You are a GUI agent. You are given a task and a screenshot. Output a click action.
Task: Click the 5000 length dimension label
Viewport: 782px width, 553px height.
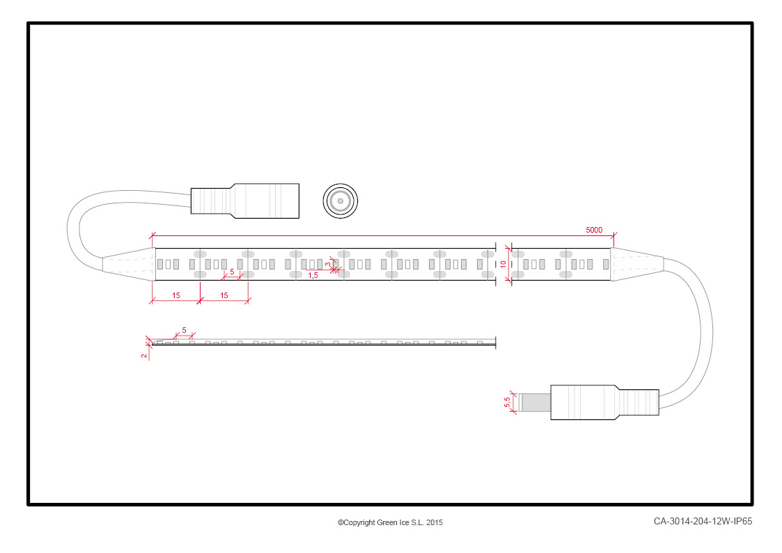[x=593, y=230]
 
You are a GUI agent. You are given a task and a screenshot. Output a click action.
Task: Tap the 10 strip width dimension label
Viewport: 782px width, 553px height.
[x=503, y=264]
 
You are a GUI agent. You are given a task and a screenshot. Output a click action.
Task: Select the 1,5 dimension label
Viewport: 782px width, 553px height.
[x=313, y=275]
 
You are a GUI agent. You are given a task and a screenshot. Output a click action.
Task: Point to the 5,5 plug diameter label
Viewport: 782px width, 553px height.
[x=507, y=402]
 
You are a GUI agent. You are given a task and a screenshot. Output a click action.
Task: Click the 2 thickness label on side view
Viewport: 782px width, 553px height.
[x=144, y=355]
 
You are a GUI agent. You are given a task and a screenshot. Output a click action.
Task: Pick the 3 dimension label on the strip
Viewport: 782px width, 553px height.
[x=328, y=264]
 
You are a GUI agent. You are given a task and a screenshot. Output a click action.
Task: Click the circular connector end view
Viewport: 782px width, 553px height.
[x=340, y=201]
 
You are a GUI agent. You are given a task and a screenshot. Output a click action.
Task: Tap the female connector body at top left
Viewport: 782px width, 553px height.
[x=245, y=201]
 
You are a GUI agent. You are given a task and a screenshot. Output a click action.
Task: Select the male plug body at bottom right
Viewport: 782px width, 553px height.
[x=604, y=402]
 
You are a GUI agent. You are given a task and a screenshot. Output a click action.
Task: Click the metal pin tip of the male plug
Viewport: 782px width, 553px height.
[x=535, y=403]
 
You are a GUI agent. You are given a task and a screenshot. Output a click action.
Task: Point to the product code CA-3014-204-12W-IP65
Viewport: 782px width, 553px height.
[x=703, y=521]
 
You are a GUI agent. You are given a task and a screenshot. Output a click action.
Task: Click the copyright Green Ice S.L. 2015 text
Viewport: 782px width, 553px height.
[x=390, y=522]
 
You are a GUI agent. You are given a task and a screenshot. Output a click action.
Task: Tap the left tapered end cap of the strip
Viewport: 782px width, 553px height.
[x=129, y=264]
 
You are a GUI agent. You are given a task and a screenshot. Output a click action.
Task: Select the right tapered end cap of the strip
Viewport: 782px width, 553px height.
[x=637, y=264]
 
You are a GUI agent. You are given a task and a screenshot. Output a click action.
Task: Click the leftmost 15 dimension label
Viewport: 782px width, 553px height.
[x=176, y=295]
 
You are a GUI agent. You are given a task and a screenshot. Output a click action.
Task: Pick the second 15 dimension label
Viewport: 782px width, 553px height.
[x=224, y=295]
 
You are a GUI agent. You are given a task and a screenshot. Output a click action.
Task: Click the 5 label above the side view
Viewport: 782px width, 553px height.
[x=184, y=330]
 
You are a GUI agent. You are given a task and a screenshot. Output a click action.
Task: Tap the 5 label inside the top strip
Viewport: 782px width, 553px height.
[x=232, y=272]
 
